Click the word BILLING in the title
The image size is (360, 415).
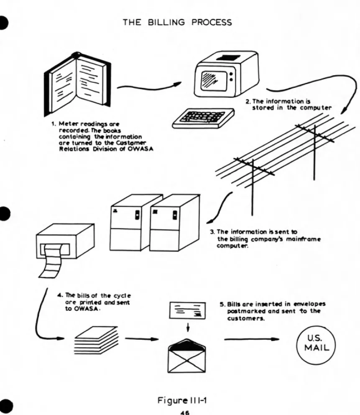(166, 22)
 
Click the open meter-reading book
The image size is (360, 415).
(77, 83)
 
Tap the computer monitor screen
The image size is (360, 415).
(214, 80)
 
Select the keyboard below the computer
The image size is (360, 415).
(203, 118)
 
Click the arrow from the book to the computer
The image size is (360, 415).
(149, 86)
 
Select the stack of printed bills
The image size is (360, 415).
(96, 340)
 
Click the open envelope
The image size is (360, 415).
(186, 356)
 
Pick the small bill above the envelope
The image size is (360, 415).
(187, 310)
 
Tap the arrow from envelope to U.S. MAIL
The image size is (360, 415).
(252, 339)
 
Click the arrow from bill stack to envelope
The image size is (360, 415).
(142, 339)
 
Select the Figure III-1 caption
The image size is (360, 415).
(182, 400)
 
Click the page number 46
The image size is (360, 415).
(185, 412)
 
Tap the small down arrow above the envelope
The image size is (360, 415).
(188, 327)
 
